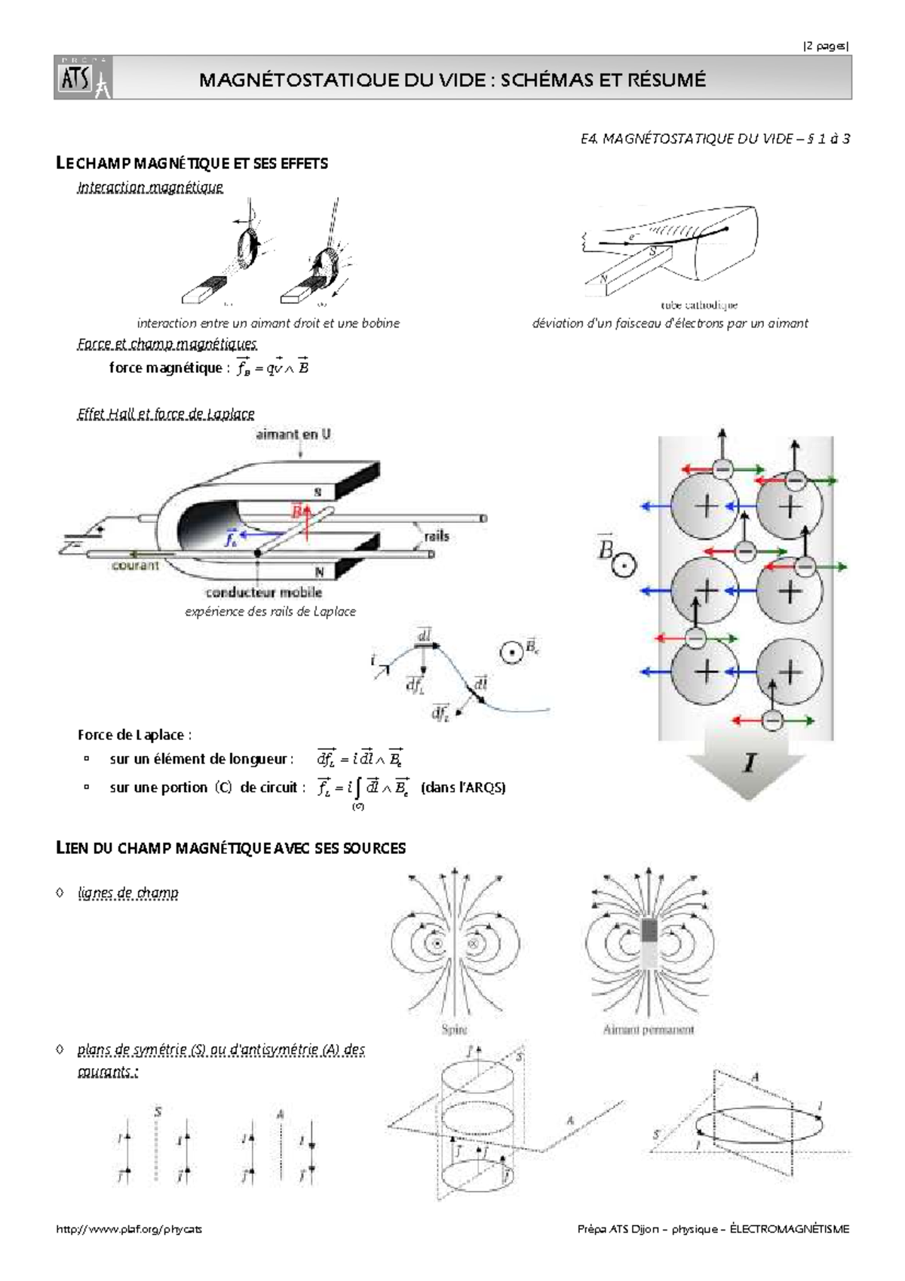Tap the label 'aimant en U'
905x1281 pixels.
point(293,435)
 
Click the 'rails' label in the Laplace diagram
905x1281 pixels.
point(437,536)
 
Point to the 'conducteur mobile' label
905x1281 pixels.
point(264,593)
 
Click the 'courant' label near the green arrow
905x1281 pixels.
point(136,565)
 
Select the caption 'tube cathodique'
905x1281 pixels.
point(698,305)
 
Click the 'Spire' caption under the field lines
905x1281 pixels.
point(453,1030)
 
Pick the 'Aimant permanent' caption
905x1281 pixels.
point(649,1030)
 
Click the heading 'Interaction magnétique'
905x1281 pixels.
point(150,187)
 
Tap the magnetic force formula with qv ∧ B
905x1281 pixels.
point(272,368)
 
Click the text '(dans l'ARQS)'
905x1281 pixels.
point(462,788)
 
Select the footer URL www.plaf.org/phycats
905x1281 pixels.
point(130,1229)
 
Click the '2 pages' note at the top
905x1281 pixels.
point(826,46)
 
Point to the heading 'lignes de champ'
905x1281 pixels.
point(128,893)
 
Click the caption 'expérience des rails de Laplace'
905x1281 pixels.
point(270,612)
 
